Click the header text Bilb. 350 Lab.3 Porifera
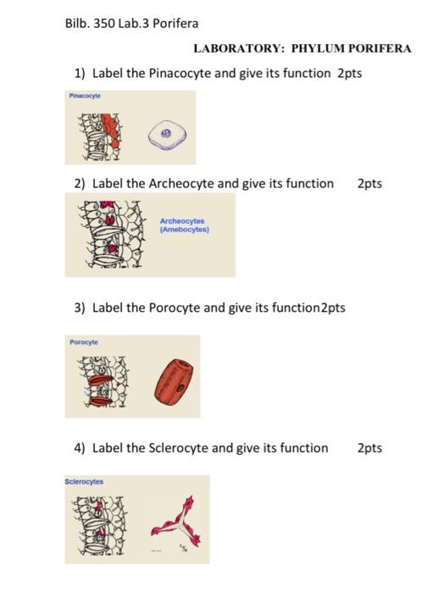(131, 22)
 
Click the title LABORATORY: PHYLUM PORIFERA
(302, 48)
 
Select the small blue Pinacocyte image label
(86, 97)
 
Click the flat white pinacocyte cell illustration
(166, 133)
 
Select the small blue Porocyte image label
(84, 341)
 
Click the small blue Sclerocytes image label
(85, 481)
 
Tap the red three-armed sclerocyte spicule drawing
(172, 525)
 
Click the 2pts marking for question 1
(350, 74)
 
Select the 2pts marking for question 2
(369, 183)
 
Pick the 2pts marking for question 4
(369, 447)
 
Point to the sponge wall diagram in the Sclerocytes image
(103, 525)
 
